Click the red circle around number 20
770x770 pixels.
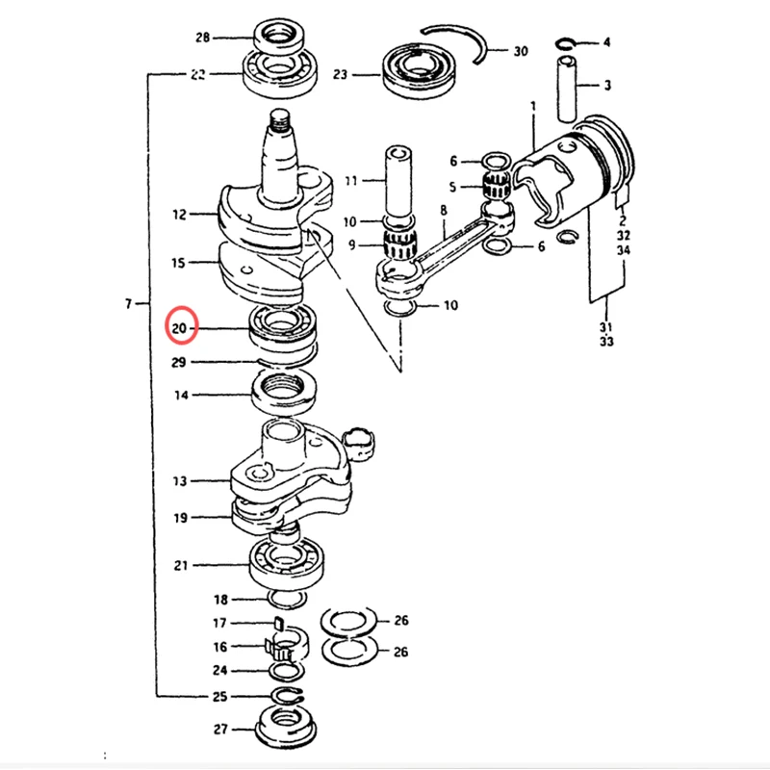[x=167, y=325]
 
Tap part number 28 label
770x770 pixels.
[x=202, y=38]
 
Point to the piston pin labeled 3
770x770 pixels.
[x=567, y=89]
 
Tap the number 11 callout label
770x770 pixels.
[x=350, y=181]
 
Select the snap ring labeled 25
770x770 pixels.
[x=288, y=696]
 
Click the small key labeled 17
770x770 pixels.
[x=278, y=623]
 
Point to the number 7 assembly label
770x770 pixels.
[x=128, y=304]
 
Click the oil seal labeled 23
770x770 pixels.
[x=419, y=71]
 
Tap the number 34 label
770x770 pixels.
[x=623, y=250]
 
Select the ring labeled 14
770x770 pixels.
[x=284, y=392]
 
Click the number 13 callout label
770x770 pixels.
[x=180, y=481]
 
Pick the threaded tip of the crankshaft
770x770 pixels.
[x=280, y=121]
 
